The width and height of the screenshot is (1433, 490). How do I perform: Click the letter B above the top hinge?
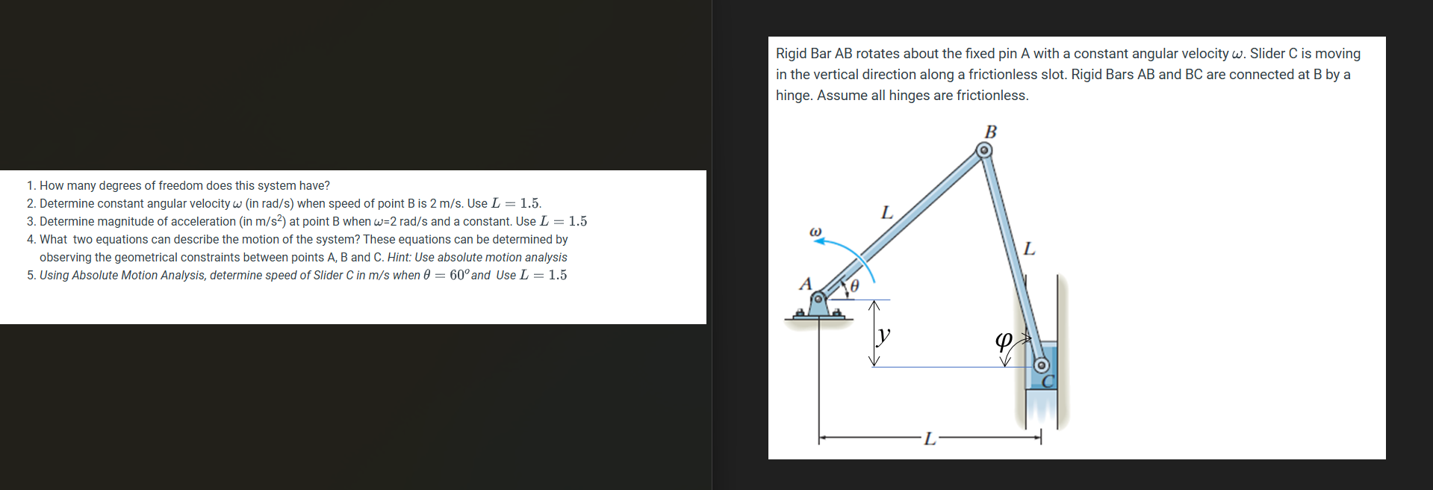991,132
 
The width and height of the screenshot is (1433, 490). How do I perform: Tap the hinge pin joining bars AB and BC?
985,151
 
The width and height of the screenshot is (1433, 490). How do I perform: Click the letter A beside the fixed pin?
805,284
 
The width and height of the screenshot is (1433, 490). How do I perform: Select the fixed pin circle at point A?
818,298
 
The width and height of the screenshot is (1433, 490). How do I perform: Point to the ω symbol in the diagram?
815,232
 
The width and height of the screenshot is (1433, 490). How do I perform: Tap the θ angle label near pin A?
855,285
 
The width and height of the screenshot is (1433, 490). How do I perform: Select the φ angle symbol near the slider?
1004,341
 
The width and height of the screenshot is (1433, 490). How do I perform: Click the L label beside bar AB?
886,213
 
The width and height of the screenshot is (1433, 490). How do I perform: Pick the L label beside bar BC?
1029,249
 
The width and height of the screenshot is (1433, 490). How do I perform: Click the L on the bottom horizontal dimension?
929,439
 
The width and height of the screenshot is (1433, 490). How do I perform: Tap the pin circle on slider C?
1042,366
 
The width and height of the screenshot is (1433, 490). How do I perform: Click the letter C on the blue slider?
1048,381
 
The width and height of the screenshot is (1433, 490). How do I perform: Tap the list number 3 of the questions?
31,221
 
